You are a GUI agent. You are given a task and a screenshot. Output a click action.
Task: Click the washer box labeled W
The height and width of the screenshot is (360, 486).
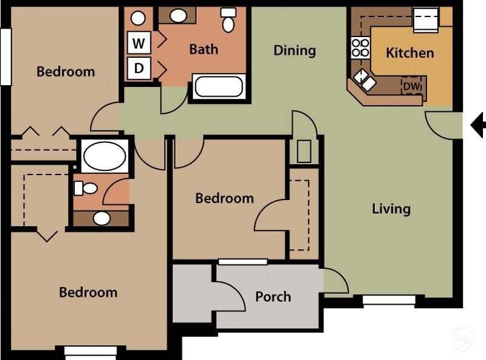(139, 43)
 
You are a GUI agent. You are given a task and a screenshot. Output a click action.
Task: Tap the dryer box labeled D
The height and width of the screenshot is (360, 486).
(139, 68)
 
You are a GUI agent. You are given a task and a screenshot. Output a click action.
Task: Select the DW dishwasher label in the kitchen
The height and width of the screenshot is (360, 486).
(412, 87)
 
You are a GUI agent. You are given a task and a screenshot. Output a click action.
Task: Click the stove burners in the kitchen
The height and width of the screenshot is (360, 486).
(360, 47)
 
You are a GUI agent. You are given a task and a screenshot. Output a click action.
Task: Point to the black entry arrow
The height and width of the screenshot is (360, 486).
(478, 125)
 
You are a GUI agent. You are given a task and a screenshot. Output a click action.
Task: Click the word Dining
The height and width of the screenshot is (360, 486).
(294, 50)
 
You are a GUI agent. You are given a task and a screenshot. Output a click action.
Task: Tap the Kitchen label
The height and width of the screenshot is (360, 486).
(409, 53)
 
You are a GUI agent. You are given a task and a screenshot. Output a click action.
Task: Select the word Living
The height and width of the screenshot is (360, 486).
(391, 209)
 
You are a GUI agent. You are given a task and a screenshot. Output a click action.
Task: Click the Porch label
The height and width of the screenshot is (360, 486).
(273, 297)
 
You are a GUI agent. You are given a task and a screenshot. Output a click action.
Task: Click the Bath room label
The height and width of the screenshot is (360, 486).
(204, 49)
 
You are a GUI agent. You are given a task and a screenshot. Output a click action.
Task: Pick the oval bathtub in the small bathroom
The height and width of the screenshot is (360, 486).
(104, 156)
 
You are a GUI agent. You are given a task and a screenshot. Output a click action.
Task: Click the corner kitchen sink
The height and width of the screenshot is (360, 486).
(366, 78)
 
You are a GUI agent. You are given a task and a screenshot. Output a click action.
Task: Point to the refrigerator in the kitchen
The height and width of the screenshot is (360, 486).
(425, 19)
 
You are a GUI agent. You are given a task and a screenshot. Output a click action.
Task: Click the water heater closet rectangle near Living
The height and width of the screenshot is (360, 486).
(304, 150)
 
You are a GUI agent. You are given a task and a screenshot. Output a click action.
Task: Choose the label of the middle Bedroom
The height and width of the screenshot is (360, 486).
(224, 198)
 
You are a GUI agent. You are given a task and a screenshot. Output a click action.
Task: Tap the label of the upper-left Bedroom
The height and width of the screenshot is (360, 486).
(66, 72)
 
